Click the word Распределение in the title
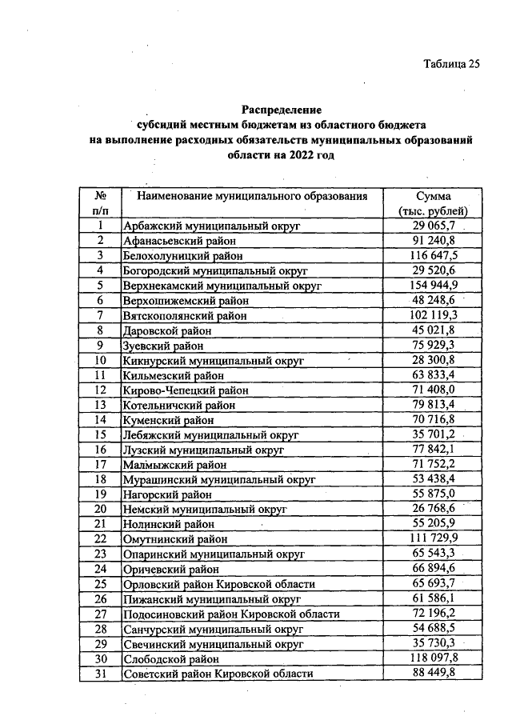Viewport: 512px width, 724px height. (281, 110)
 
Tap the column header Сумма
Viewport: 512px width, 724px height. (433, 195)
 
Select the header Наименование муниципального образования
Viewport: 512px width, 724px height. (252, 195)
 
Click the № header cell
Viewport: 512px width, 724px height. (102, 195)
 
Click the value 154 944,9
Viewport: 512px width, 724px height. (433, 285)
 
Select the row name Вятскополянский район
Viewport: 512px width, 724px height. (185, 315)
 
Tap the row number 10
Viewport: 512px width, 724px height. (102, 360)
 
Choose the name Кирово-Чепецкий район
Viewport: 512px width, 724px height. (186, 390)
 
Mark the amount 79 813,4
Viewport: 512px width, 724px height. (433, 404)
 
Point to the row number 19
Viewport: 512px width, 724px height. (102, 494)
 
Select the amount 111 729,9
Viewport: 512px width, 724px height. (433, 538)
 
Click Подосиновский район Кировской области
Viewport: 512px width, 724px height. (231, 614)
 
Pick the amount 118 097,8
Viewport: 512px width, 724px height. (433, 658)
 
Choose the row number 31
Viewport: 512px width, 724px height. (102, 673)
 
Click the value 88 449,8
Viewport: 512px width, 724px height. (433, 673)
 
